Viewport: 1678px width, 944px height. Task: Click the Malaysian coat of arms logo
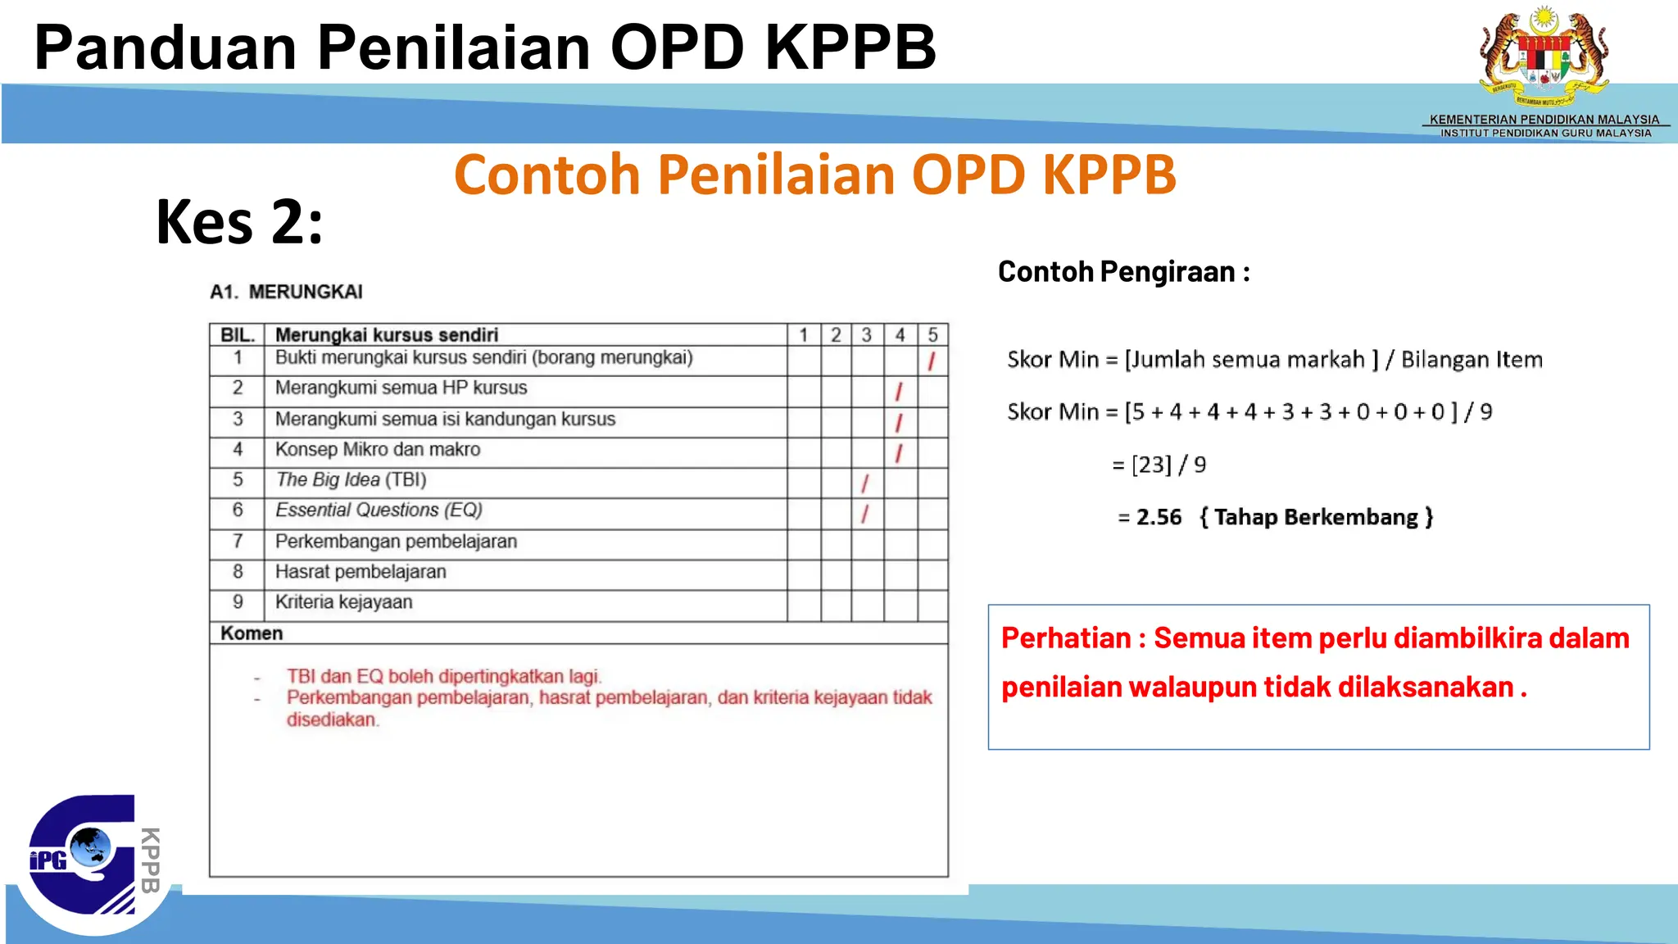1544,57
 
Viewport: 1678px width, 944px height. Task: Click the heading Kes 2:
239,222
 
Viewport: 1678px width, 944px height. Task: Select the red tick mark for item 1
932,361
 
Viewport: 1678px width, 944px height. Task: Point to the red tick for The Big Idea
864,483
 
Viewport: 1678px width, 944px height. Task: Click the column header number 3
866,335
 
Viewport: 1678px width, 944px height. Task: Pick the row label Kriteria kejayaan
343,602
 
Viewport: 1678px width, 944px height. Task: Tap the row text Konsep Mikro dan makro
377,449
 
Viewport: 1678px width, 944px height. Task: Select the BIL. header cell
238,335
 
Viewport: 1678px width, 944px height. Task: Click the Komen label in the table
252,633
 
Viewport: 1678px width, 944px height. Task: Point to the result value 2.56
1159,517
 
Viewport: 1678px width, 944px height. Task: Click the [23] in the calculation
1151,465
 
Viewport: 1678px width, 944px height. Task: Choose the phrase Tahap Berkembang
1316,517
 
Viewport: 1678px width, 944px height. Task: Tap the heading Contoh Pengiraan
1123,271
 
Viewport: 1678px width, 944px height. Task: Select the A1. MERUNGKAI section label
286,292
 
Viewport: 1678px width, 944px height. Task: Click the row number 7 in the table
238,542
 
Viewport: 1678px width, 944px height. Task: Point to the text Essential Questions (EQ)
379,511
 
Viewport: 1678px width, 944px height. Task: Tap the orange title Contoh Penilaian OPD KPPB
814,175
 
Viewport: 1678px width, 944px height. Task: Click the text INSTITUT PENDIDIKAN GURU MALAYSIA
1546,133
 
